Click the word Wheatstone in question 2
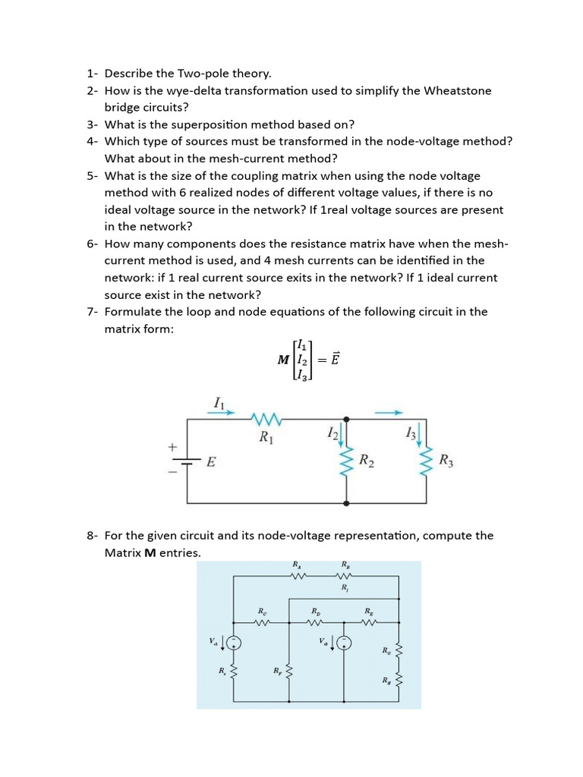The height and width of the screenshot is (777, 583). click(456, 91)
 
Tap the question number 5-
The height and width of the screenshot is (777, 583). click(92, 175)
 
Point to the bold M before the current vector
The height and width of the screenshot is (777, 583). click(284, 360)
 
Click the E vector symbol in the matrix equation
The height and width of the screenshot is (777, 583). click(334, 360)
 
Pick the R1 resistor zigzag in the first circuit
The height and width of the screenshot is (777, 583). click(266, 418)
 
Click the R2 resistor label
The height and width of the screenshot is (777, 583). click(366, 461)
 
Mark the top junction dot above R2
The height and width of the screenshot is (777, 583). click(347, 418)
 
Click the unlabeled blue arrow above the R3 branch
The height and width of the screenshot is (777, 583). click(388, 413)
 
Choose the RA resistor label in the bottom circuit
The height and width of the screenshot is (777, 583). click(296, 565)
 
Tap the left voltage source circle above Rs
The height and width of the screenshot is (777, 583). click(235, 643)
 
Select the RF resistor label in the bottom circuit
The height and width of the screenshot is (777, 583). click(277, 671)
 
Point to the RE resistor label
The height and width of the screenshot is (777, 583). click(368, 611)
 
